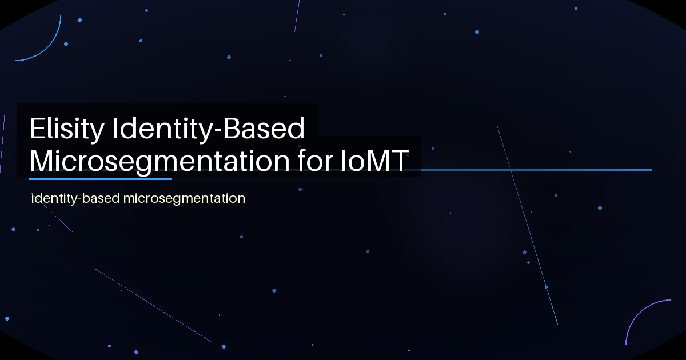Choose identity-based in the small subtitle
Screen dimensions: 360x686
pyautogui.click(x=75, y=199)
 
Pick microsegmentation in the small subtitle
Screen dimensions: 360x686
pyautogui.click(x=184, y=199)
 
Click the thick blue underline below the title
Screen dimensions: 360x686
pyautogui.click(x=100, y=179)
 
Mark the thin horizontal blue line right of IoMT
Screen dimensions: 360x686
pyautogui.click(x=537, y=170)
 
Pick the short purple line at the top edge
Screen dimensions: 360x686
pyautogui.click(x=297, y=16)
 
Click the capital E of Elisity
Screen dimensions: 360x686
pyautogui.click(x=37, y=130)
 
